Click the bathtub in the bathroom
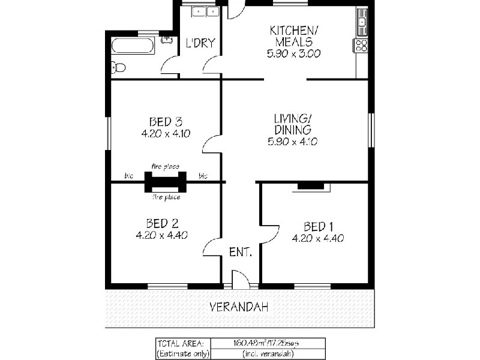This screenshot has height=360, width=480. [x=133, y=46]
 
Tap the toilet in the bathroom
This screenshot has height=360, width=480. [x=119, y=67]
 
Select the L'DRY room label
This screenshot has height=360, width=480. [x=200, y=43]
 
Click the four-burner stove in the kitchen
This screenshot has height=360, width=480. [x=361, y=46]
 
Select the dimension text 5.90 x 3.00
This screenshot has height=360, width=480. [x=293, y=53]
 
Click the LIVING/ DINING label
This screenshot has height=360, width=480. [x=293, y=124]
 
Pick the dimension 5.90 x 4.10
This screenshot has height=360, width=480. [x=293, y=142]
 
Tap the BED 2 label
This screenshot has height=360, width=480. [x=161, y=223]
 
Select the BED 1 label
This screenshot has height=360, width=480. [x=318, y=226]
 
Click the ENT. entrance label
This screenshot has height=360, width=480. [x=240, y=252]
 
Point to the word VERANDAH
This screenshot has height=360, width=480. [x=239, y=307]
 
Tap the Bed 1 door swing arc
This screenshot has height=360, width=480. [x=271, y=234]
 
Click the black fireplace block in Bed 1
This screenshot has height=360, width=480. [x=310, y=187]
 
